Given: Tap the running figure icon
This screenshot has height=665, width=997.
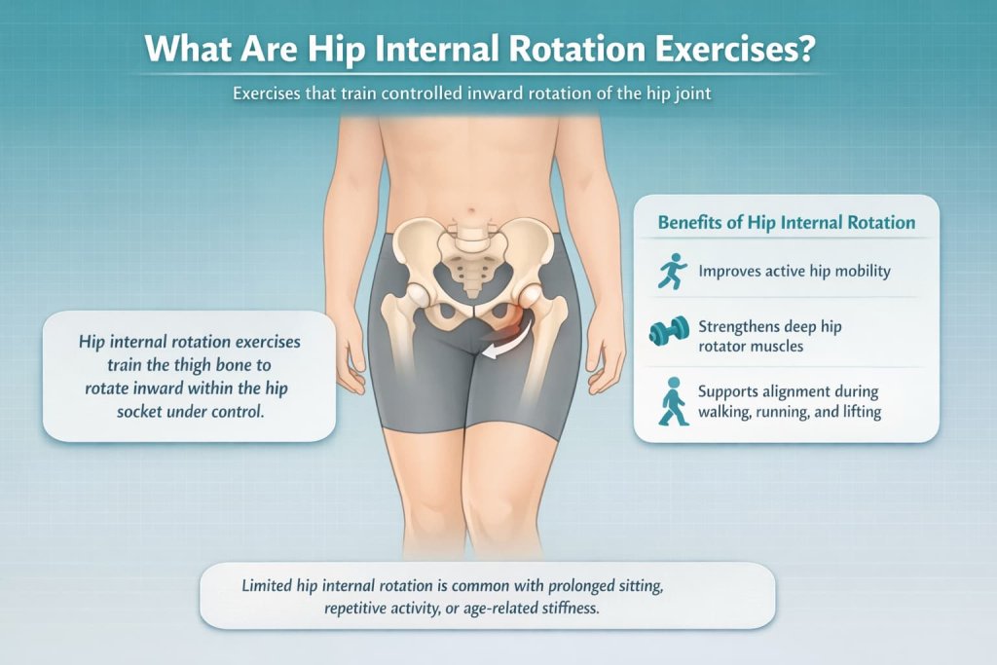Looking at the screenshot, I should (x=671, y=272).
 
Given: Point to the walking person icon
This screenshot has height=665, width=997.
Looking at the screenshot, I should (x=671, y=402).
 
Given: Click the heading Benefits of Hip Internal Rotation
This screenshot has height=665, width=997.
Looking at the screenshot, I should (x=787, y=223).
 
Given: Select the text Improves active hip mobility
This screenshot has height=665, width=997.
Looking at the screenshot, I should (x=794, y=272).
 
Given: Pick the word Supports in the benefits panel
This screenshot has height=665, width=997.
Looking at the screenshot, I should (x=731, y=392).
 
